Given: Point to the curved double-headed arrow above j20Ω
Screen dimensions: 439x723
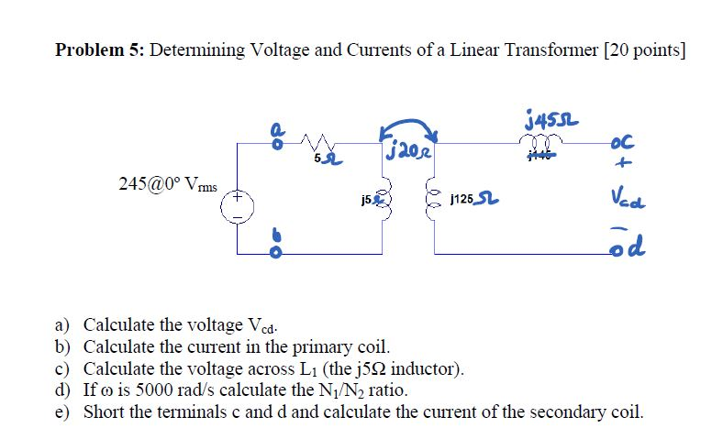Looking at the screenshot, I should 409,126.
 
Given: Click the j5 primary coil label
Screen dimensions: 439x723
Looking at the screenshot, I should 366,200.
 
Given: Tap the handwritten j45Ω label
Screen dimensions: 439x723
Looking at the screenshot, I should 548,119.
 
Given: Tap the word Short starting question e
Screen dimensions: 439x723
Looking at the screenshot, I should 104,412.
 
